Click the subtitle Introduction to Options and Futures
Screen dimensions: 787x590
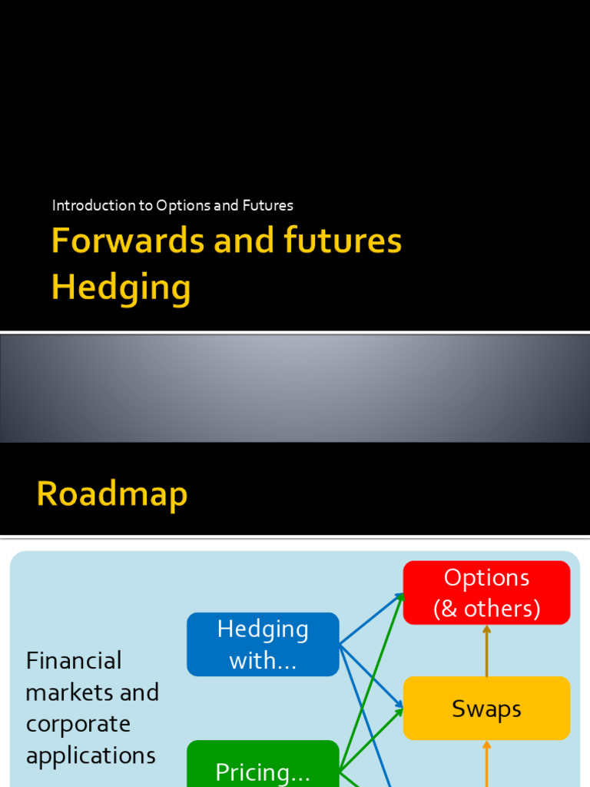pos(173,205)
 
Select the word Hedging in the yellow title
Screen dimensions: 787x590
pos(121,287)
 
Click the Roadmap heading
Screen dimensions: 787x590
pos(112,494)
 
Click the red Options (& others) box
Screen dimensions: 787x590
pos(486,593)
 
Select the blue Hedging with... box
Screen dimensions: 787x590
pos(263,644)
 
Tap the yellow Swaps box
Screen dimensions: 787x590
pos(486,709)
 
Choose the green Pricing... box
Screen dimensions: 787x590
pos(263,769)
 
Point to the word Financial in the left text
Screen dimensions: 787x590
pos(74,660)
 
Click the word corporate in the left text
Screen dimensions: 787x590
pos(78,724)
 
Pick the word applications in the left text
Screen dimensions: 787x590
pos(91,755)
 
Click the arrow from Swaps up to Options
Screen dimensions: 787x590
pos(486,650)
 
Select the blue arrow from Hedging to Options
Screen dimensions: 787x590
pos(372,619)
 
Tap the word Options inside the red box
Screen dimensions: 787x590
pos(486,578)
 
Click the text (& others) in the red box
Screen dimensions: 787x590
pos(486,609)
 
